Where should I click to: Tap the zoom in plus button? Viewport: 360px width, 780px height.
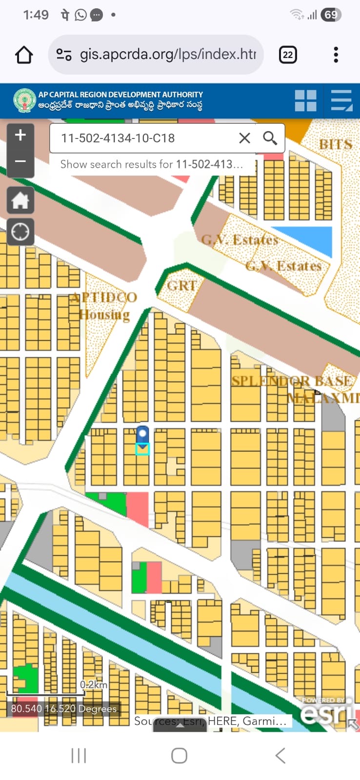[x=20, y=135]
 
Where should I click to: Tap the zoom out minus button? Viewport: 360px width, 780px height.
[x=20, y=161]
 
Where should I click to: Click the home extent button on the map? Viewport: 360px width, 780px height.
[x=20, y=200]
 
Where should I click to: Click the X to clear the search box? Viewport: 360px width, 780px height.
[x=244, y=138]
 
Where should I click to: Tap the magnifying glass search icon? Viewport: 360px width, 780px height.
[x=270, y=138]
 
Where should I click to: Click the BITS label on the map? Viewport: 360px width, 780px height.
[x=336, y=144]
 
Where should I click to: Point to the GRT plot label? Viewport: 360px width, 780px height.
[x=181, y=286]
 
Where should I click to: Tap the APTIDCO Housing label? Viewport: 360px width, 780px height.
[x=103, y=306]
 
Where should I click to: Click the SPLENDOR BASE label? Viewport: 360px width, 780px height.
[x=291, y=381]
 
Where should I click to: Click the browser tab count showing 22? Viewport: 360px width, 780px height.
[x=288, y=55]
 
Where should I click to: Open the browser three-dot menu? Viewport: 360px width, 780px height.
[x=336, y=55]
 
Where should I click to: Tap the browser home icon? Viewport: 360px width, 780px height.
[x=24, y=55]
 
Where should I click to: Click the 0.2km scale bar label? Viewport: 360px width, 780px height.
[x=94, y=685]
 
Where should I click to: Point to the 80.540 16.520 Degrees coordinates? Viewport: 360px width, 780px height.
[x=64, y=709]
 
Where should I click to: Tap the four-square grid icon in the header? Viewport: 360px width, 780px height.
[x=306, y=100]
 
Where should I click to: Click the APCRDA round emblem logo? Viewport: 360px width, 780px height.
[x=25, y=100]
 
